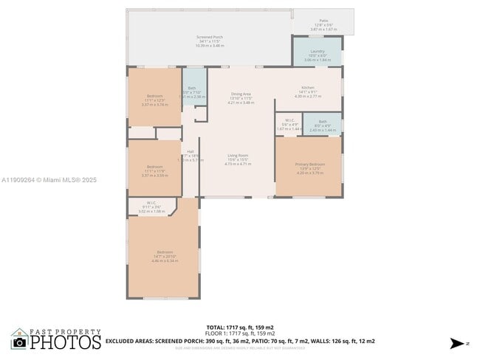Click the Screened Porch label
[x=210, y=41]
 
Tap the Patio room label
[x=323, y=24]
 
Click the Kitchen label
[x=308, y=92]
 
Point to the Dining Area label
[x=241, y=98]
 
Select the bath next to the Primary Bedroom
[x=323, y=125]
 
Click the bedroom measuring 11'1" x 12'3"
[x=155, y=100]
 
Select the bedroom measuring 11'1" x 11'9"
[x=154, y=170]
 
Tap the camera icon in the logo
[x=20, y=342]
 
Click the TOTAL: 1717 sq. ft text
[x=240, y=327]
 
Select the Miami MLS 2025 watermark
[x=49, y=180]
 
